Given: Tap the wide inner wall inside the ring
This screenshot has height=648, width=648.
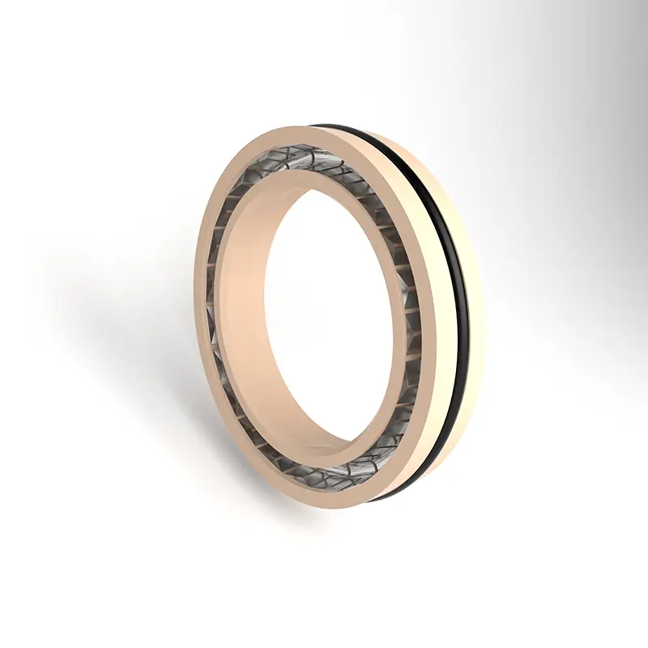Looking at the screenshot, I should pyautogui.click(x=243, y=308).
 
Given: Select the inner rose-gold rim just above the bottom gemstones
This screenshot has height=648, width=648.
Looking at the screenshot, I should pyautogui.click(x=340, y=454).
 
